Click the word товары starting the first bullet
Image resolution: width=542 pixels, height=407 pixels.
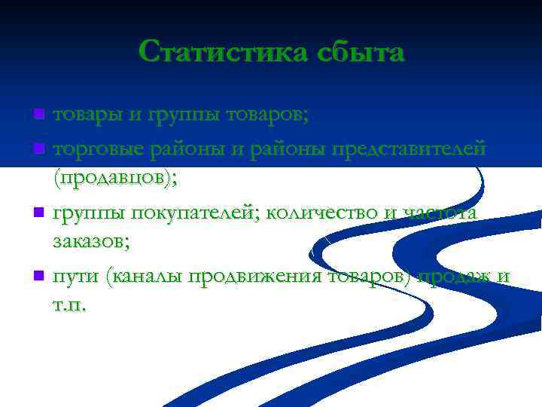click(x=84, y=116)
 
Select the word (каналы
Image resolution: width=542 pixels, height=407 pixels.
click(x=145, y=277)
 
